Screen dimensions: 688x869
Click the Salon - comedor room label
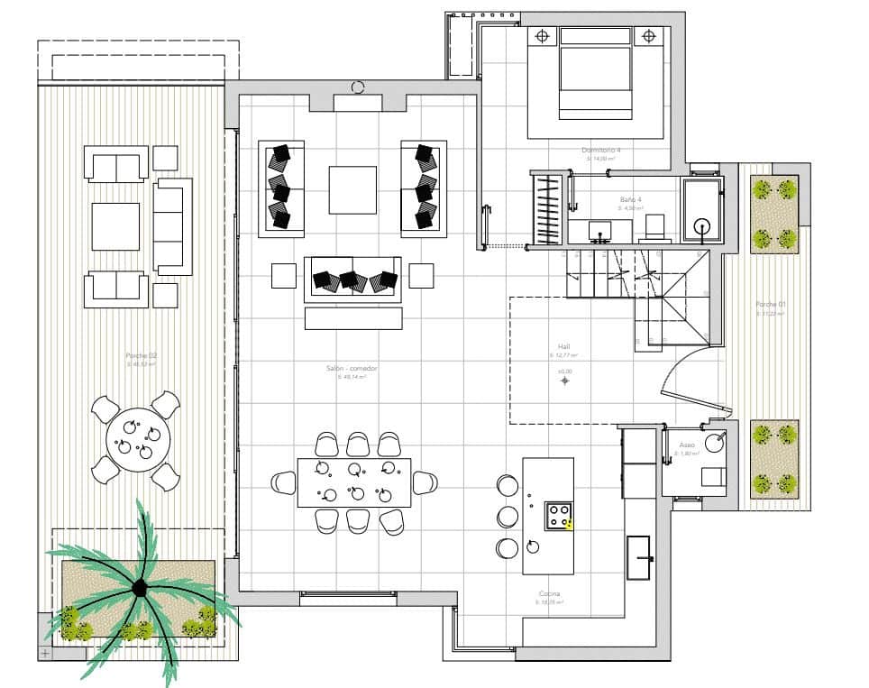(x=352, y=369)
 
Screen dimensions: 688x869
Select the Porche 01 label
(x=770, y=305)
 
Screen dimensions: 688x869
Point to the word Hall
(x=564, y=346)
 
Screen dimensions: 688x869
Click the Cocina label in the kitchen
(x=549, y=594)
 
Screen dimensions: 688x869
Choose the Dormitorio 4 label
(x=600, y=150)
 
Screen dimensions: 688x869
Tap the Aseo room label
(x=687, y=445)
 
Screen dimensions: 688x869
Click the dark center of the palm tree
(x=140, y=588)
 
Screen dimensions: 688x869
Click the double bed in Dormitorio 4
(x=595, y=72)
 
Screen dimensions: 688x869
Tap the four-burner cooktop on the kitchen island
(x=558, y=516)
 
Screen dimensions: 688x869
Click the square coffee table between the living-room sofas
(x=352, y=189)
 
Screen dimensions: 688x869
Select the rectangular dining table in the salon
(x=353, y=482)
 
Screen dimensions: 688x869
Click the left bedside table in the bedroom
(x=542, y=37)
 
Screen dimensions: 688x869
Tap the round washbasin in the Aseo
(x=714, y=442)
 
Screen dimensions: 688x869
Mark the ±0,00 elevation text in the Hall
(x=564, y=371)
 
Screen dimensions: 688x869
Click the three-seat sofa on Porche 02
(x=173, y=225)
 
